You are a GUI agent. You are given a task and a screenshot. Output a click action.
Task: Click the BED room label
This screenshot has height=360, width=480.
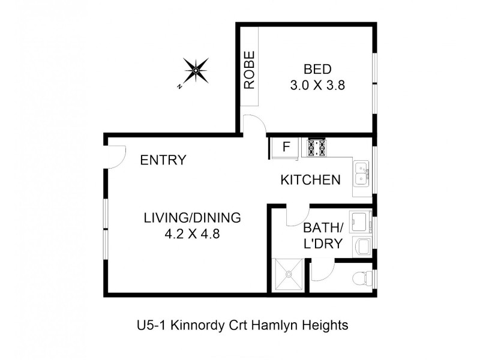click(x=317, y=68)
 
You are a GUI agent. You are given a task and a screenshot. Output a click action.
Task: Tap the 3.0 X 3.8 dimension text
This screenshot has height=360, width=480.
click(x=317, y=85)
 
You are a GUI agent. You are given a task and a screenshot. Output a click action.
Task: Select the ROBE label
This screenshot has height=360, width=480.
click(x=250, y=70)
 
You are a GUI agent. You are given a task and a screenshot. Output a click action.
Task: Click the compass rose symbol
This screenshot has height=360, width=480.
click(x=196, y=72)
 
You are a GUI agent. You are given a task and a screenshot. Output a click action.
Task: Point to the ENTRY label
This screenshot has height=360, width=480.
click(x=163, y=160)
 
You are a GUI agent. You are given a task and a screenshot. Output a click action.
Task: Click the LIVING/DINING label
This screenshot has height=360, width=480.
click(x=191, y=218)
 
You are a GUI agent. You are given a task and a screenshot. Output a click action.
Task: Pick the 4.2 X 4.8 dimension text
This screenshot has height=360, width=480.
click(x=191, y=234)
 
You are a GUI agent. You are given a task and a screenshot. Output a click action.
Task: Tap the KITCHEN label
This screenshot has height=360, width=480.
click(x=311, y=179)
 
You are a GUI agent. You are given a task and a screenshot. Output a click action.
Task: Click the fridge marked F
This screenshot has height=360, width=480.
click(x=286, y=146)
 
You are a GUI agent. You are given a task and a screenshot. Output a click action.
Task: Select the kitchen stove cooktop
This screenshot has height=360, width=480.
click(x=316, y=147)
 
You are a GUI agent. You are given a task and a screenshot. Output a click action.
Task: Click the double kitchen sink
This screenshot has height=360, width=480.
click(x=361, y=175)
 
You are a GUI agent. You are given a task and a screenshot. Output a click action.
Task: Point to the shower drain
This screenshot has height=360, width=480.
click(x=289, y=274)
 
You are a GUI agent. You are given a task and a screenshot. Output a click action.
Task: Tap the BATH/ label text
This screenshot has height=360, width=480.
click(x=323, y=228)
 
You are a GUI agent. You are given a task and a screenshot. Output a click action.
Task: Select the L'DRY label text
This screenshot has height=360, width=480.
click(x=323, y=244)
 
